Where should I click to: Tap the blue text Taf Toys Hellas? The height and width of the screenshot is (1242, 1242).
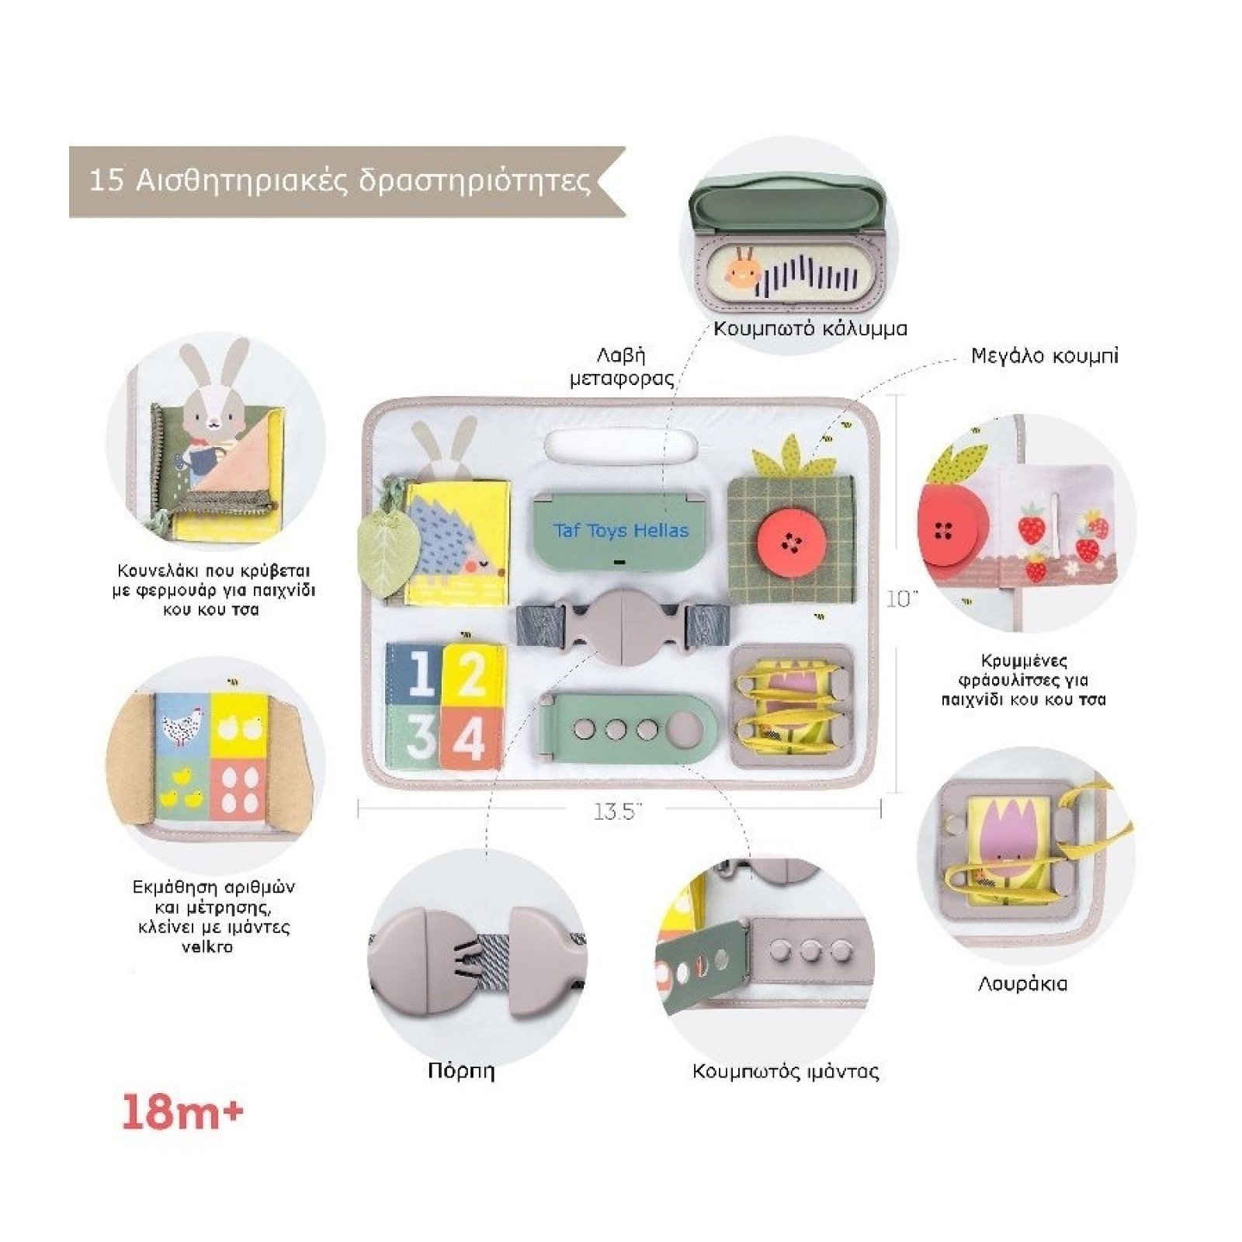click(621, 531)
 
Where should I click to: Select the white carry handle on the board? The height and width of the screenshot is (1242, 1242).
click(620, 446)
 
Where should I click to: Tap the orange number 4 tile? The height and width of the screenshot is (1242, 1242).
click(468, 737)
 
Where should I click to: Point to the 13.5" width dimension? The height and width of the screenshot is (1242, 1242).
click(617, 811)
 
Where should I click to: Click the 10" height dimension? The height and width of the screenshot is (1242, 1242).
click(903, 599)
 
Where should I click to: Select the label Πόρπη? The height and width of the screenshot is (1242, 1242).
click(460, 1071)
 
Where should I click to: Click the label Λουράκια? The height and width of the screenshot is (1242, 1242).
click(1022, 984)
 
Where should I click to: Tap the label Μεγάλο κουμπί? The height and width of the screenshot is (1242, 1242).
click(1045, 356)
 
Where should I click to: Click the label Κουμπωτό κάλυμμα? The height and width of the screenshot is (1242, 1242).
click(810, 328)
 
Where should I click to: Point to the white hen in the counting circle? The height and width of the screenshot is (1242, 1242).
click(183, 726)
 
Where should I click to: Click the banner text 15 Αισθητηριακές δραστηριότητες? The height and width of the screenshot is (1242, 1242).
click(340, 180)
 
